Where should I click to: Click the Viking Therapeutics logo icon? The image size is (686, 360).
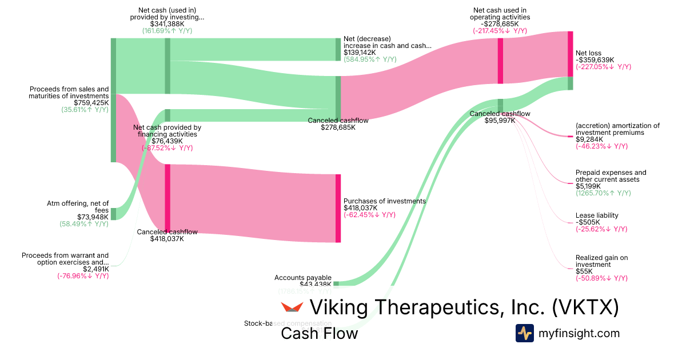tap(292, 307)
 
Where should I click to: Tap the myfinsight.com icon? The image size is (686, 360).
tap(524, 333)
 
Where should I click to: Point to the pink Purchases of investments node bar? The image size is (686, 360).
tap(338, 208)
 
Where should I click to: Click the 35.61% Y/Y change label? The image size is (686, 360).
tap(85, 110)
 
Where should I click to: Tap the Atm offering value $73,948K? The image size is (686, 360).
tap(93, 217)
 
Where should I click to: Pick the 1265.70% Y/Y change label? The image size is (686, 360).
tap(603, 193)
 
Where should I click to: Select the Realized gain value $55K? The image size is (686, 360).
tap(584, 271)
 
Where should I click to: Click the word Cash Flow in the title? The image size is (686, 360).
tap(319, 333)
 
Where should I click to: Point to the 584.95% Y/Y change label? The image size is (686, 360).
tap(370, 59)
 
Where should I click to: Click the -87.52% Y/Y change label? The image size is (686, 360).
tap(167, 147)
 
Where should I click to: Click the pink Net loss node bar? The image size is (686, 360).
tap(570, 54)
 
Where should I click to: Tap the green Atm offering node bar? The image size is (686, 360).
tap(113, 214)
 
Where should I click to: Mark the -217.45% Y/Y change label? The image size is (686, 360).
tap(500, 31)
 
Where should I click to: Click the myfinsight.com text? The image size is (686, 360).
tap(579, 333)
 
